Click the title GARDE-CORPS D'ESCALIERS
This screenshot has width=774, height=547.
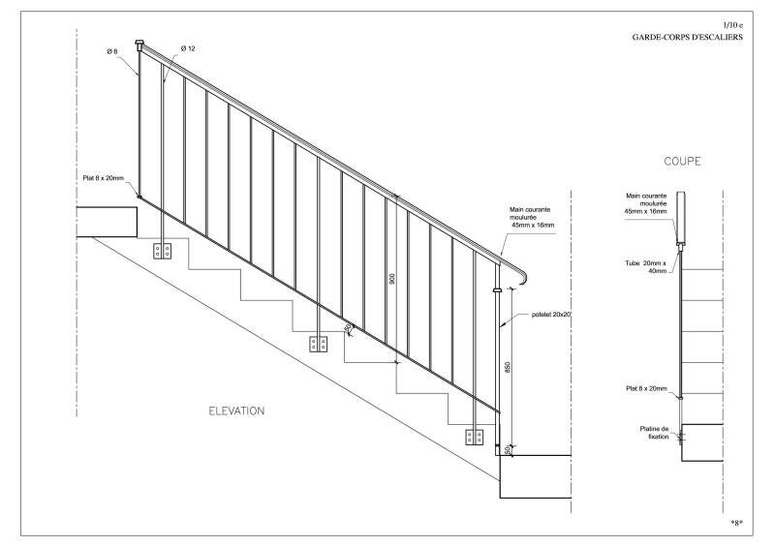[x=686, y=36]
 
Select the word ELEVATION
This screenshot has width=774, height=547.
[x=236, y=410]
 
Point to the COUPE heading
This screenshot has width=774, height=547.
[x=682, y=162]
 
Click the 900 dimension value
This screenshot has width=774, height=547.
[x=392, y=279]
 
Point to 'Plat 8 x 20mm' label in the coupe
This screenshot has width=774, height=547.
[x=647, y=388]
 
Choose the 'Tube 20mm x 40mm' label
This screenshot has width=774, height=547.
[x=646, y=267]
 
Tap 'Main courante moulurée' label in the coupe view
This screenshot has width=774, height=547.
[x=647, y=204]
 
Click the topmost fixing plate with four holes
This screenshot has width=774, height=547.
[x=163, y=252]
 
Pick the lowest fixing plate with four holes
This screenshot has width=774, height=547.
[x=474, y=437]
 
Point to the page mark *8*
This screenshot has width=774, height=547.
[x=737, y=523]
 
